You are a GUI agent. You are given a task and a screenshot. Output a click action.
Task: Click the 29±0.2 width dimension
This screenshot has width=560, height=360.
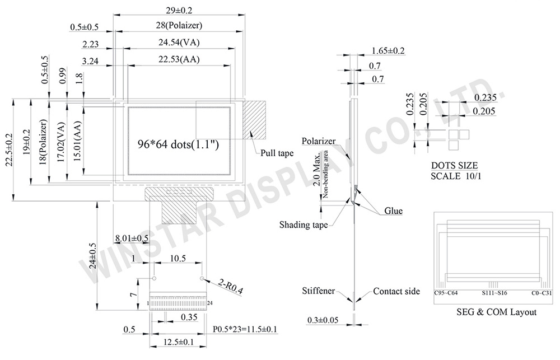tap(179, 10)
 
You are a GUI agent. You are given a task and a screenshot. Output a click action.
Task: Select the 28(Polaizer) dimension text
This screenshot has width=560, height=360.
tap(179, 25)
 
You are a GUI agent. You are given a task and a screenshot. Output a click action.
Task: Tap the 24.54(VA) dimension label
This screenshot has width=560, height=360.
tap(179, 43)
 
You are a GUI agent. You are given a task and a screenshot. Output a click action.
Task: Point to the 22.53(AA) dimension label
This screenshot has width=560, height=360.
tap(179, 59)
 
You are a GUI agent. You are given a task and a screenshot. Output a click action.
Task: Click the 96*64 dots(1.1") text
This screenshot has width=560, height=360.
tap(178, 144)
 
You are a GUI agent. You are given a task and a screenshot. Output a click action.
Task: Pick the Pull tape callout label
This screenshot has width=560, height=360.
tap(277, 153)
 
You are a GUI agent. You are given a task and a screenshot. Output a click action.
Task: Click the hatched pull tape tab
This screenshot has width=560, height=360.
tap(255, 120)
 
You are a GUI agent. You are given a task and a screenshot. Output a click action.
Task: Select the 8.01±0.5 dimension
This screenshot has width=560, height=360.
tap(132, 238)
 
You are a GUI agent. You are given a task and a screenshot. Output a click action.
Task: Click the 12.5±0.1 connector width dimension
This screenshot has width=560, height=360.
tap(178, 342)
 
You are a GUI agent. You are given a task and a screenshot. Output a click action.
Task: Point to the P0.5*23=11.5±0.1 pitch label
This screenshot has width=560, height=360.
tap(245, 329)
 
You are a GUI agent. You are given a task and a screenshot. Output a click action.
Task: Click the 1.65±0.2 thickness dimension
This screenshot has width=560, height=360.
tap(388, 51)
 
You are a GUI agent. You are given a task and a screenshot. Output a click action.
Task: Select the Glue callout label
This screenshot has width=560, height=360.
tap(394, 211)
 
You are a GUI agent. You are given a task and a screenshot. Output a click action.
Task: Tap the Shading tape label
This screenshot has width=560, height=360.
tap(304, 225)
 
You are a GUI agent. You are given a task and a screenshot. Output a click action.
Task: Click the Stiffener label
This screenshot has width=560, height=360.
tap(319, 291)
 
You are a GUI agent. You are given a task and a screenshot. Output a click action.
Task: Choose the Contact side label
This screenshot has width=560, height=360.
tap(396, 292)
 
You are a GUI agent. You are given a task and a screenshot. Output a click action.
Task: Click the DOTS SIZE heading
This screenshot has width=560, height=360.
tap(454, 166)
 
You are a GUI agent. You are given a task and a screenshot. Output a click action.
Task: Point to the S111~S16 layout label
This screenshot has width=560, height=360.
tap(494, 293)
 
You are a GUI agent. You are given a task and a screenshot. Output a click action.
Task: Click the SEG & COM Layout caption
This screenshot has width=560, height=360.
tap(496, 312)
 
